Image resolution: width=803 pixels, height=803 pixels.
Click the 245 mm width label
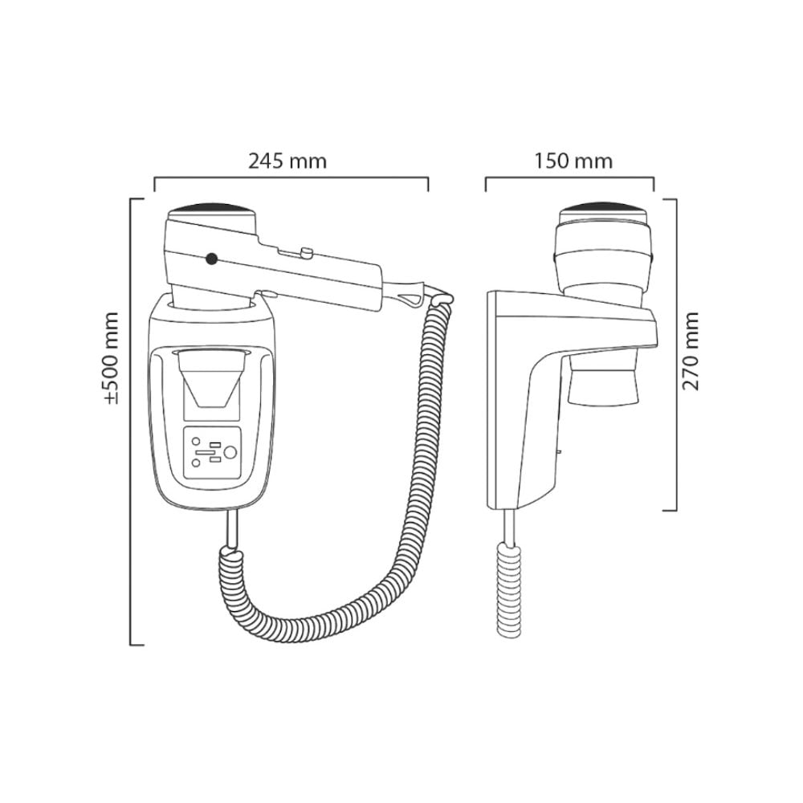pos(287,161)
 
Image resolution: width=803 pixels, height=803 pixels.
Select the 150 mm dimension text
pos(573,161)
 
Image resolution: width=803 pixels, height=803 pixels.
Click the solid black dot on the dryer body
pos(211,259)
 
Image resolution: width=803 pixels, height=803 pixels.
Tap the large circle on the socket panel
pos(230,453)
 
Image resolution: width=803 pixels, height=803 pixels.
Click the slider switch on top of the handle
pos(306,253)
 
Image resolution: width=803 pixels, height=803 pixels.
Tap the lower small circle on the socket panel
pos(196,464)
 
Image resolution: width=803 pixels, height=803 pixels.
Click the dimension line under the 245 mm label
pos(291,180)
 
